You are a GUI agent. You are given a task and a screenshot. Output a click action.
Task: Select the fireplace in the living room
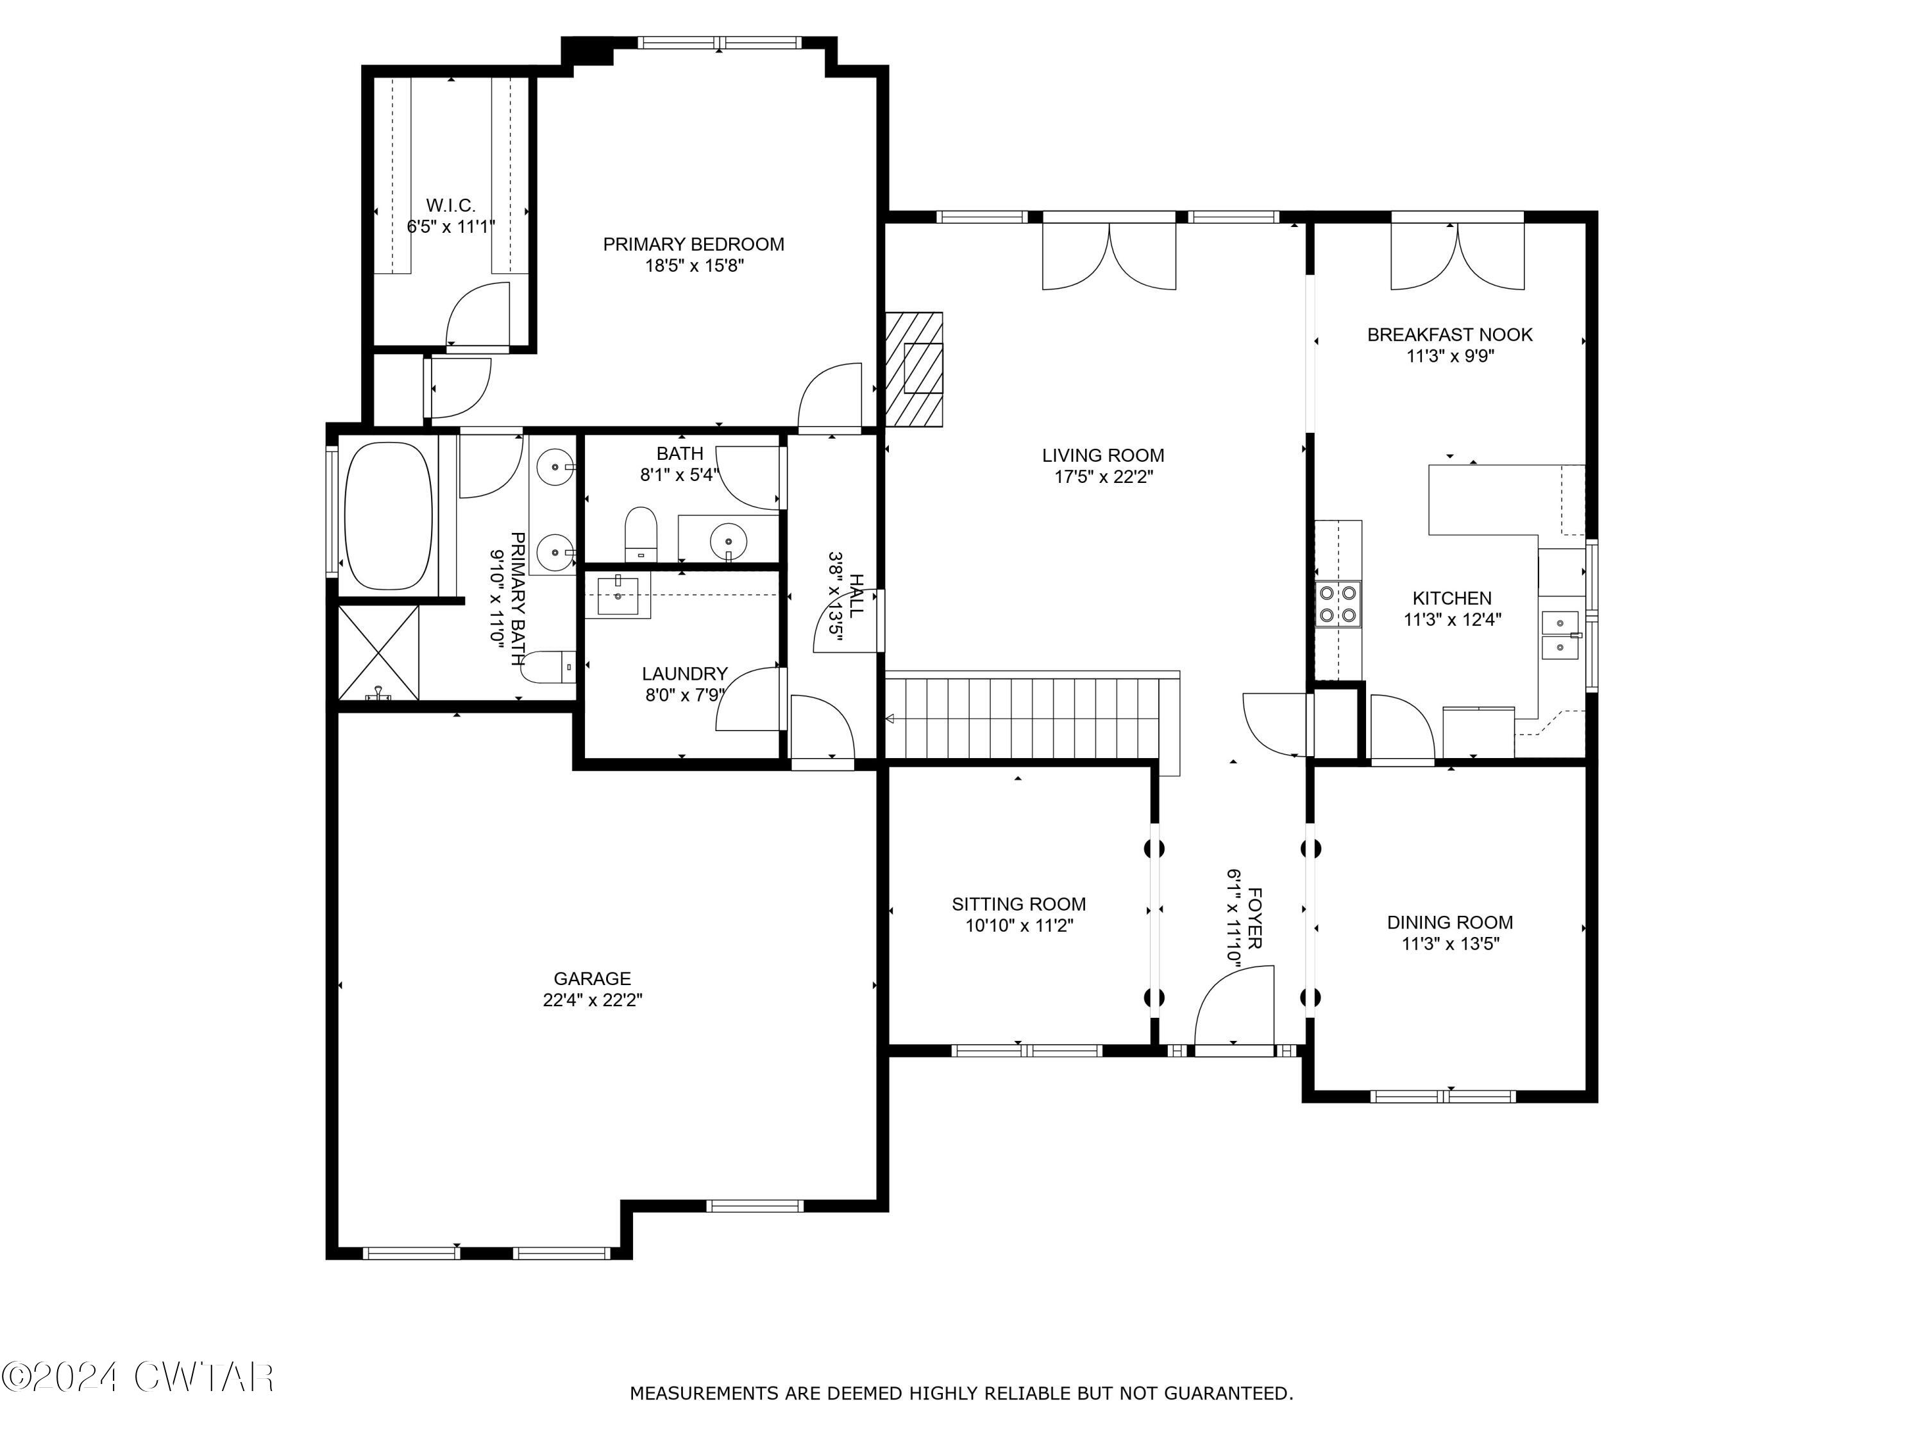[x=915, y=369]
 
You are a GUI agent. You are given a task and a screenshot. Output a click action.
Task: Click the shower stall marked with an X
[x=378, y=652]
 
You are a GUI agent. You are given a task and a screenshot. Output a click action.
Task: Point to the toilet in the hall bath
[x=642, y=533]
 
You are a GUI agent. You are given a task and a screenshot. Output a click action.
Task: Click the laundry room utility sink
[x=618, y=595]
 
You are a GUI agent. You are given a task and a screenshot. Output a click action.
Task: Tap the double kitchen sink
[x=1560, y=636]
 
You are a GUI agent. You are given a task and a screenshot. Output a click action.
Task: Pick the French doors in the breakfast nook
[x=1457, y=257]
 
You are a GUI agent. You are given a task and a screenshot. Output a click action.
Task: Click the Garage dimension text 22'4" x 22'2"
[x=593, y=1000]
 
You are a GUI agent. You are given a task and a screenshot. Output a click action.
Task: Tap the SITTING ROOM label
[x=1018, y=904]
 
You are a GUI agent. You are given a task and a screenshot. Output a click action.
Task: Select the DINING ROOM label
[x=1450, y=922]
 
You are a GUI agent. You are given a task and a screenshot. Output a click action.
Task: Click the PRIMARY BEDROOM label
[x=693, y=244]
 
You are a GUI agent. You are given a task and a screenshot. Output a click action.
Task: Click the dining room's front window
[x=1443, y=1096]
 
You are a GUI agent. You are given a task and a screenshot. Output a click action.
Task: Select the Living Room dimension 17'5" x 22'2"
[x=1103, y=477]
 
